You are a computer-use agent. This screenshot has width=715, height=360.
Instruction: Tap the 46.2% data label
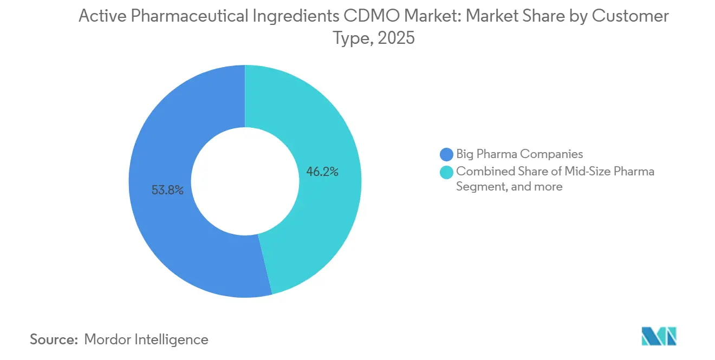[323, 172]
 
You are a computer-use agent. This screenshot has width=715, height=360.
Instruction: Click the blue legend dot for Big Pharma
[447, 154]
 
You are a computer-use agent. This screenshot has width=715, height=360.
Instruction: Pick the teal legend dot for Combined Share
[447, 172]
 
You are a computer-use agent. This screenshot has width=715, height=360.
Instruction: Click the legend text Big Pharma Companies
[519, 154]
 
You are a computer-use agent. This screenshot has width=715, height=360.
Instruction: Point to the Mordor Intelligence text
[146, 339]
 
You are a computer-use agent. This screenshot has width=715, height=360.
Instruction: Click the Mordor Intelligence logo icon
[659, 336]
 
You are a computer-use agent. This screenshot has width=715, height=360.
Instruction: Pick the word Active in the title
[98, 16]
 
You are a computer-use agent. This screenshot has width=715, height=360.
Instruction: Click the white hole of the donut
[245, 181]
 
